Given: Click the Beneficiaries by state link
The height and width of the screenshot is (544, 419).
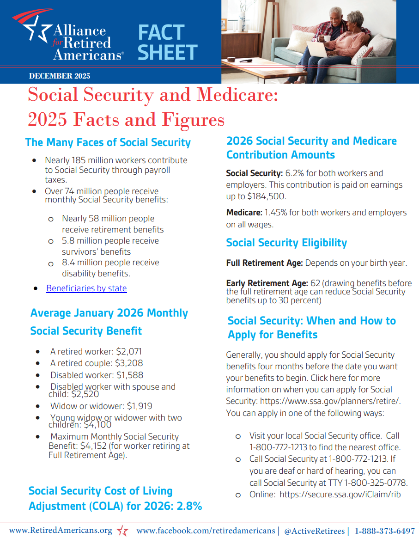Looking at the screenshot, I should point(86,288).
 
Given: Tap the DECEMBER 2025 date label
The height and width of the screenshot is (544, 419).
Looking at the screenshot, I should point(60,76).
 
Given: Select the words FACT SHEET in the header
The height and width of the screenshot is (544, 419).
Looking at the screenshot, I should point(167,43).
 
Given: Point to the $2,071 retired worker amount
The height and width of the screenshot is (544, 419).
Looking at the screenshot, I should point(129,351).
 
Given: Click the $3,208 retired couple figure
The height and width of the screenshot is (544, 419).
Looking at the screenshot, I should point(129,363).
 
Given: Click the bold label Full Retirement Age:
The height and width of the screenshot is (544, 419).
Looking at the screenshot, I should point(264,263).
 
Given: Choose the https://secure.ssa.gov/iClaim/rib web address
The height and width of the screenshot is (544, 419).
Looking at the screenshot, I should point(340,495).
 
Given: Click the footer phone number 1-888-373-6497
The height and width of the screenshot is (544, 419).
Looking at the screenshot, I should point(384,531).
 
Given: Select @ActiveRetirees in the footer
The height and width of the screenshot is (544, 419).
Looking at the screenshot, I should point(314,531).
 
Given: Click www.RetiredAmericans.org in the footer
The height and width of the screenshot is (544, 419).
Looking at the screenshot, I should point(61,531).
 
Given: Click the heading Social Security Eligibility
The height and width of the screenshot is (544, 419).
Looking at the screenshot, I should point(286,243).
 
